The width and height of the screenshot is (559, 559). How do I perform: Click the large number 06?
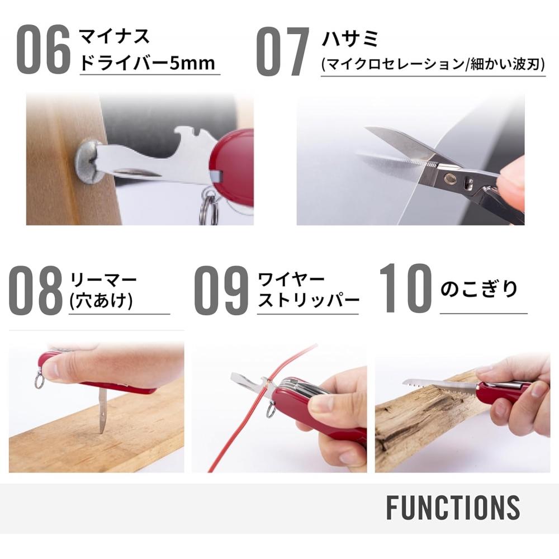[43, 50]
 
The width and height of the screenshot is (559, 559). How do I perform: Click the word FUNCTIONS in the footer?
[453, 507]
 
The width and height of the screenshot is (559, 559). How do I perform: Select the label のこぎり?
[479, 290]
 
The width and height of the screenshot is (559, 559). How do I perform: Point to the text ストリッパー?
[308, 301]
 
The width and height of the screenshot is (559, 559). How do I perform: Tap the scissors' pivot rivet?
[449, 178]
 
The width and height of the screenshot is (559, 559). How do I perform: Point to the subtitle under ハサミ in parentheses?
[433, 64]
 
